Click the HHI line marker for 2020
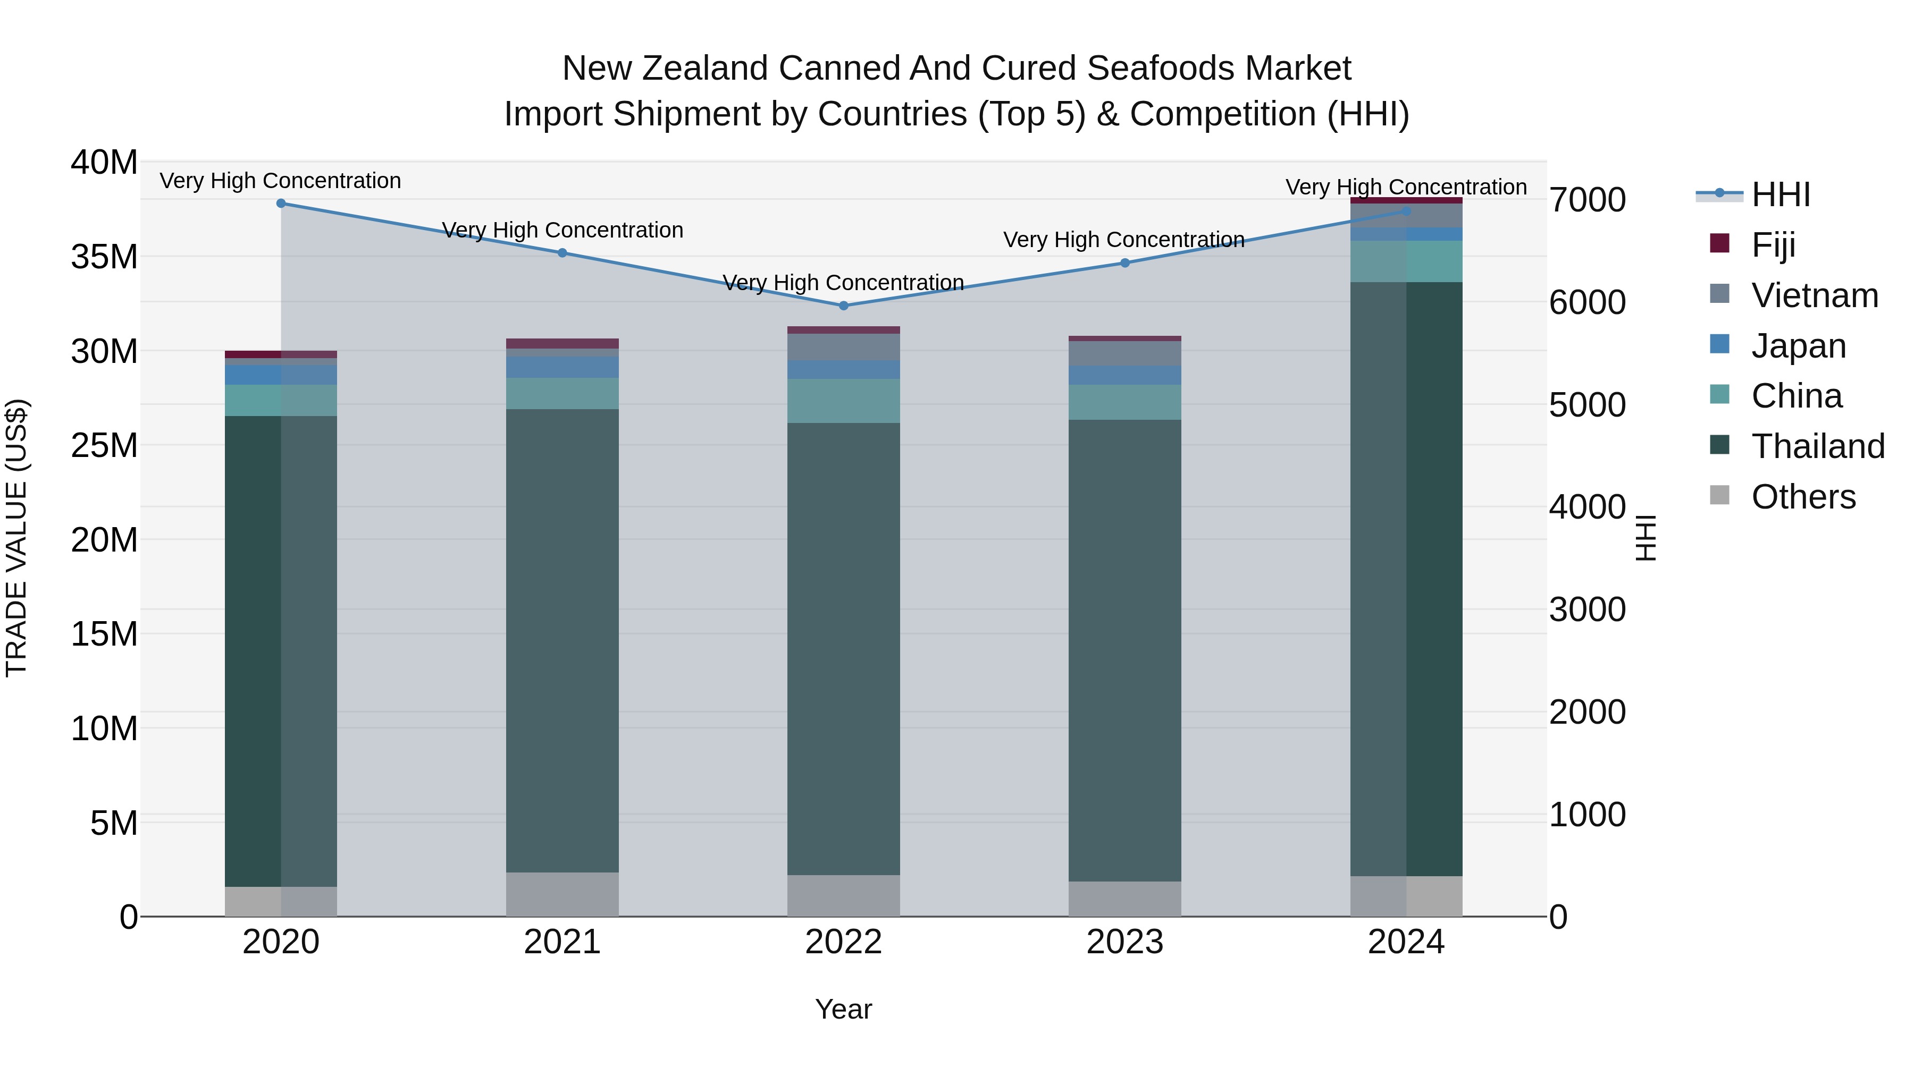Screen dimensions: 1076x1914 click(x=281, y=204)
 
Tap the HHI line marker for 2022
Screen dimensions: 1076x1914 click(x=843, y=305)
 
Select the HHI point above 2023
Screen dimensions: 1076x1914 click(x=1125, y=263)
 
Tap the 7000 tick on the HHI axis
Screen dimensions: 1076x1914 click(x=1588, y=200)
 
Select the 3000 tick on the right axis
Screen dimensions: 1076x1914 click(x=1588, y=609)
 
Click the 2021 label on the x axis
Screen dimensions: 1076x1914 click(x=563, y=942)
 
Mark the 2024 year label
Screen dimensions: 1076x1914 click(x=1406, y=942)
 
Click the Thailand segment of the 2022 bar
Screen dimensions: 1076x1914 click(x=843, y=646)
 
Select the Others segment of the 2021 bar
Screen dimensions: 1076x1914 click(x=563, y=894)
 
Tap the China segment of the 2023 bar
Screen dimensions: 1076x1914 click(x=1125, y=402)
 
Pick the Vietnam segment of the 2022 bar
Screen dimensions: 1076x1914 click(x=843, y=347)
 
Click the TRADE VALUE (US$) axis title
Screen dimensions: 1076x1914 click(x=16, y=538)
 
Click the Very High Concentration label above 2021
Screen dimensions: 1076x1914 click(x=563, y=230)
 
